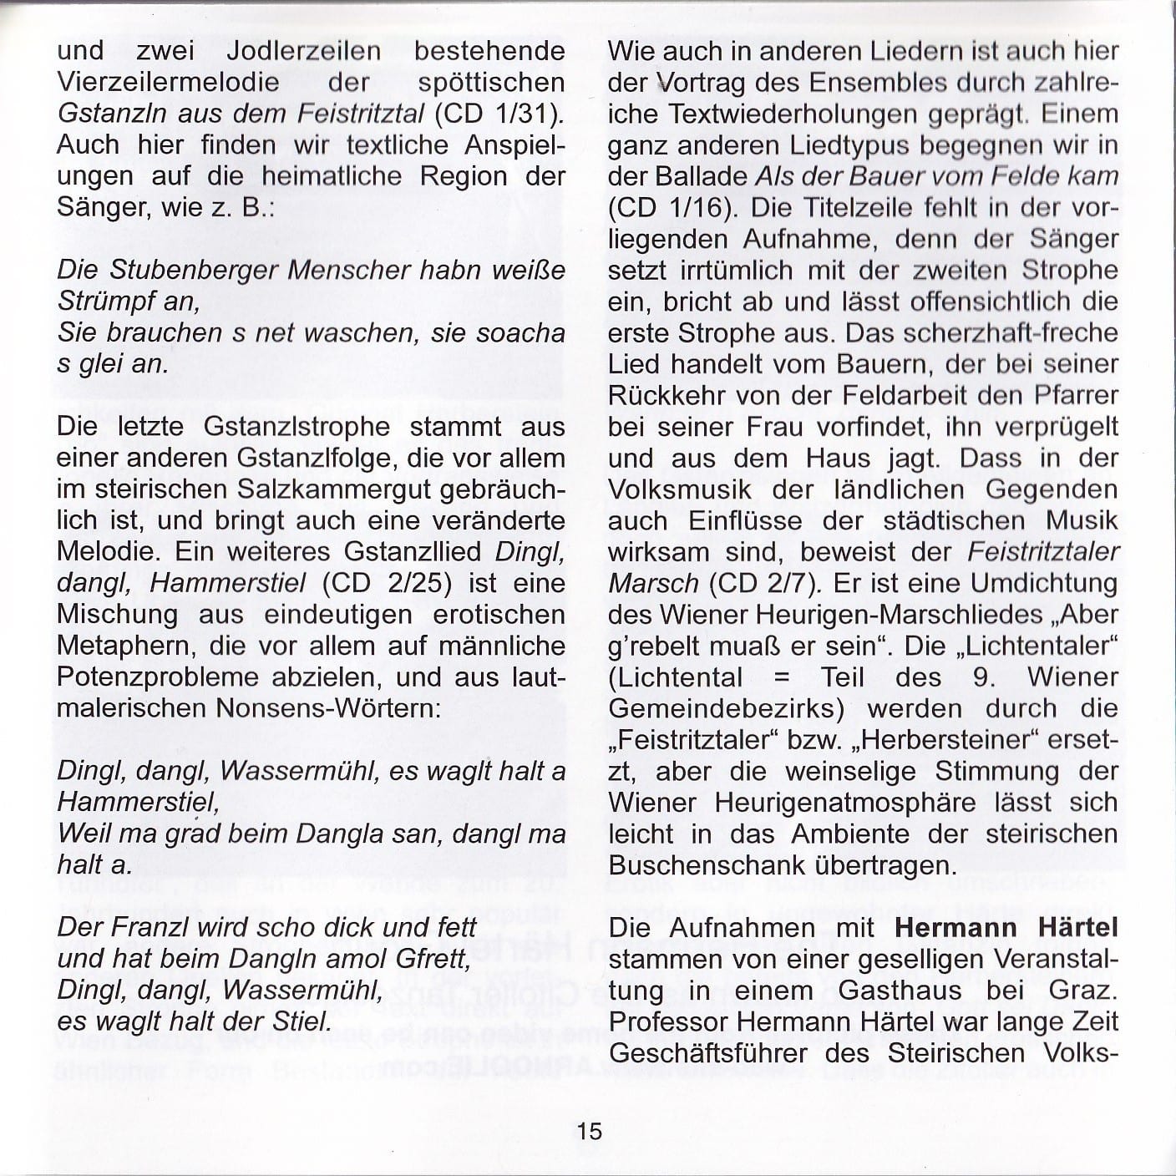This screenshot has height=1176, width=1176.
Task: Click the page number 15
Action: point(589,1131)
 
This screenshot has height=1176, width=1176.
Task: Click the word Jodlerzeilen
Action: point(304,51)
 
